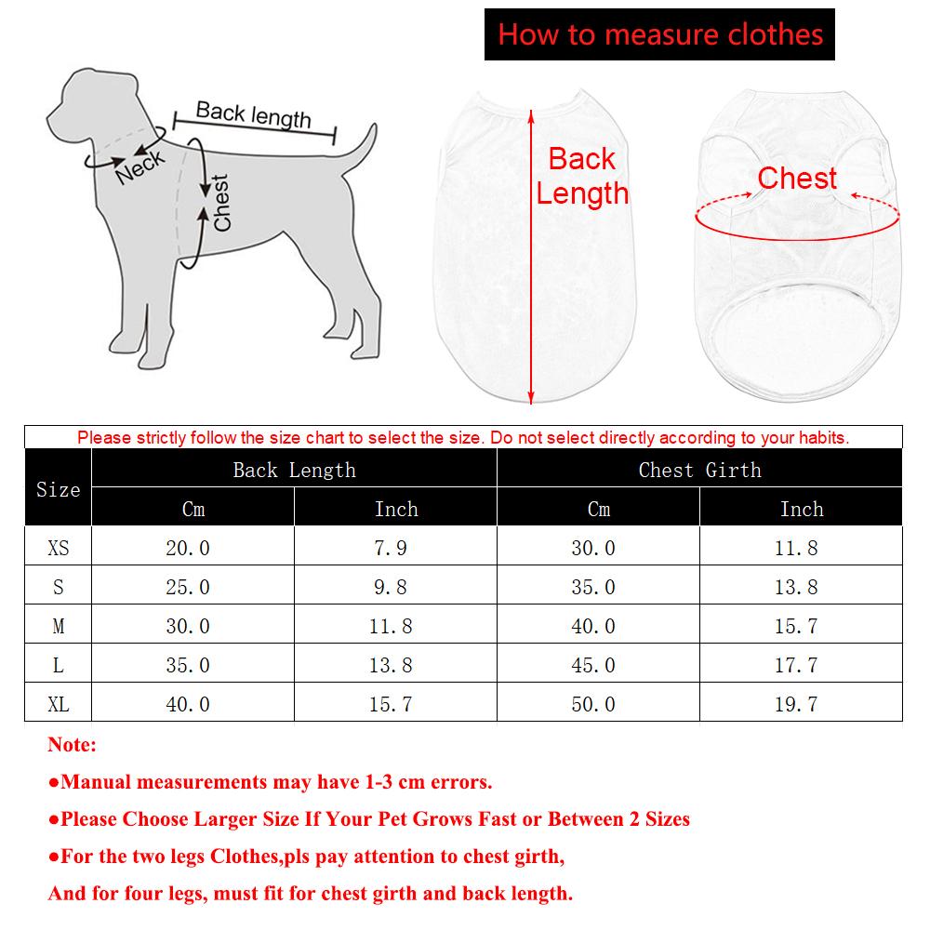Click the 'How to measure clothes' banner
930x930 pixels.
click(x=660, y=34)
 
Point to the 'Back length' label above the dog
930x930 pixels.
click(x=253, y=114)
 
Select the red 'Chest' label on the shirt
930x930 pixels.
click(x=797, y=178)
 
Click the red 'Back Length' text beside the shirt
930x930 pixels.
click(x=582, y=176)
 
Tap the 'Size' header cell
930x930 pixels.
click(x=58, y=489)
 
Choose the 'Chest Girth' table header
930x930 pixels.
click(x=699, y=470)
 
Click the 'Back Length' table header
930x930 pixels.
click(x=294, y=470)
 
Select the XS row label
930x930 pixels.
click(x=58, y=549)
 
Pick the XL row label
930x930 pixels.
click(x=58, y=705)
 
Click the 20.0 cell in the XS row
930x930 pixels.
click(x=188, y=549)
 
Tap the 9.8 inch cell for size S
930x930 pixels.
click(x=391, y=588)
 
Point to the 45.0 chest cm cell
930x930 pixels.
click(x=593, y=666)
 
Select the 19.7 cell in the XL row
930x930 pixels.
click(x=796, y=705)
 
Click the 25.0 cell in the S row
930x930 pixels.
click(x=188, y=588)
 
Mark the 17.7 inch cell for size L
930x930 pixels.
click(x=796, y=666)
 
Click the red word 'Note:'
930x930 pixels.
click(x=72, y=745)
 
